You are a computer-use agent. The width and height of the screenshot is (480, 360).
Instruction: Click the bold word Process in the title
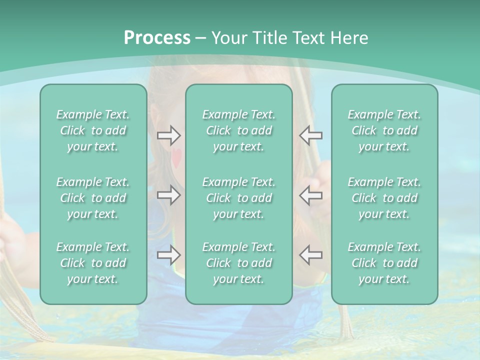click(157, 38)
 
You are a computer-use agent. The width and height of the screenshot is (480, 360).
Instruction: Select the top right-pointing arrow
click(169, 135)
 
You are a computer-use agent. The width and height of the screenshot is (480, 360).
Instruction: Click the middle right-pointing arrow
click(169, 195)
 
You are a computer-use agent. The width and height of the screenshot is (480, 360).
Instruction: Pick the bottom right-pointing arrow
click(169, 255)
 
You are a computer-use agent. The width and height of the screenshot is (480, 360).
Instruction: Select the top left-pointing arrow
click(310, 135)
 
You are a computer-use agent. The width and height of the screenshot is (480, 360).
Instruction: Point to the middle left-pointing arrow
click(310, 195)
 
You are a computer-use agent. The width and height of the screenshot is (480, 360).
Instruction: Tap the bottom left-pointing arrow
click(310, 255)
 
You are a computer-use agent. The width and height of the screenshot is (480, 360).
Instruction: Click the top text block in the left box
click(93, 130)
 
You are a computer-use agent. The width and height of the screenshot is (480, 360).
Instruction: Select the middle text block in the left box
click(93, 198)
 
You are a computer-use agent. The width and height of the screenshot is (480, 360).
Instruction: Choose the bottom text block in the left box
click(93, 263)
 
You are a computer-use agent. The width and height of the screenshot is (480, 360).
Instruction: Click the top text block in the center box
click(239, 130)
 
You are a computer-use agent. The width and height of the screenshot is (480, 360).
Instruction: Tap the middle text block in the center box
click(239, 198)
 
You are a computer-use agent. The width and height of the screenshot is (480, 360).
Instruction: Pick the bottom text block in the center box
click(239, 263)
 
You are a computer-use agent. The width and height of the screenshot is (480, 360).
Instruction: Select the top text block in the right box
click(384, 130)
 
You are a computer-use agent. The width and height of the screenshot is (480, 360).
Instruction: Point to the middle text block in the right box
click(384, 198)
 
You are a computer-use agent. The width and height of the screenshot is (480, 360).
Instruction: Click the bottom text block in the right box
click(384, 263)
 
